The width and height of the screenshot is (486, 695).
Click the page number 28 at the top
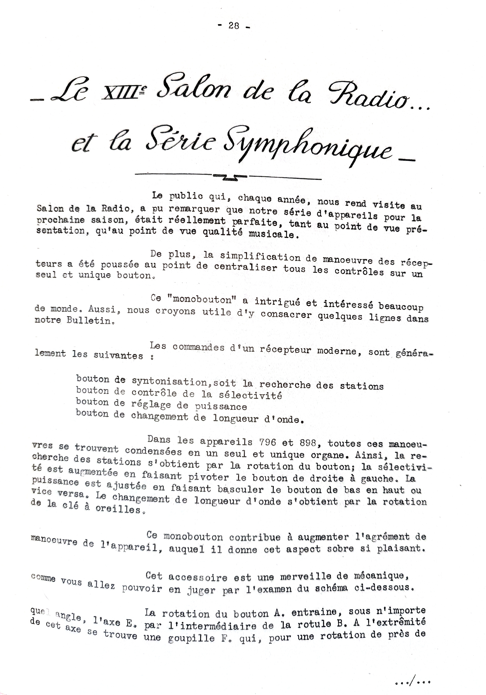coord(234,26)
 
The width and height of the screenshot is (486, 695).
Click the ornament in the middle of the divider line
coord(230,177)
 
